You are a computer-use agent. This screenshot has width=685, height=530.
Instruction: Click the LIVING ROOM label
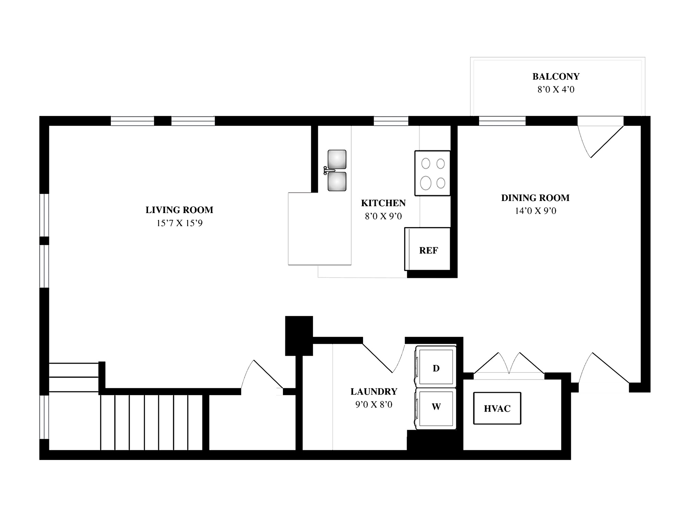(x=179, y=210)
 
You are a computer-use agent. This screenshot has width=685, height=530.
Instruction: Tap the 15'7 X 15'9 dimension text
(x=179, y=223)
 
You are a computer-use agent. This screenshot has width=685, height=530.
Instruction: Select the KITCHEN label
(x=383, y=203)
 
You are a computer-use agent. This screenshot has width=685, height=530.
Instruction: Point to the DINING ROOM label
(x=535, y=198)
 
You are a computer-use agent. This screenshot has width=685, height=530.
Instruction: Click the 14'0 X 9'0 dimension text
(x=536, y=211)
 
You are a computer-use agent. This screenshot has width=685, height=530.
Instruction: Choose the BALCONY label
(x=556, y=76)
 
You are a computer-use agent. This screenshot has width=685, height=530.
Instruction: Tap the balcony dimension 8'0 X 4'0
(x=556, y=90)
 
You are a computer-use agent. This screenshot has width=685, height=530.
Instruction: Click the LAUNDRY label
(x=374, y=391)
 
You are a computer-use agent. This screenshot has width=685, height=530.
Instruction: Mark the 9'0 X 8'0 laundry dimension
(x=374, y=405)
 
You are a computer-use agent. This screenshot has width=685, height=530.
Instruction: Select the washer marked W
(x=436, y=409)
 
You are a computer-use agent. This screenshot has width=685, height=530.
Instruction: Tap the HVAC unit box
(x=497, y=408)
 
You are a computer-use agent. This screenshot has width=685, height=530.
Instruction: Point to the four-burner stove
(x=432, y=173)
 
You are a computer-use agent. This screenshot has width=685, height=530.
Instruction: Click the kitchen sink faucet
(x=329, y=170)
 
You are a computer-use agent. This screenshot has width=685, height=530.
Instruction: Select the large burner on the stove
(x=426, y=182)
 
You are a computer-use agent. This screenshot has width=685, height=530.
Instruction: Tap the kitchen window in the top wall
(x=391, y=121)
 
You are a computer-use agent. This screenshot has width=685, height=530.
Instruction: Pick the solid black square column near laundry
(x=299, y=335)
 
